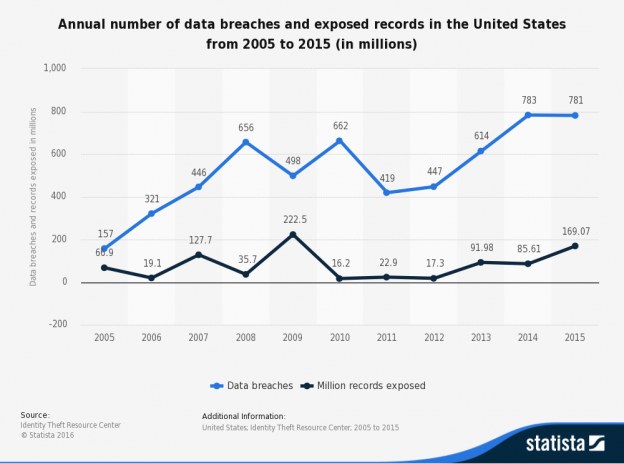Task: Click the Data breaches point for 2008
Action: [246, 142]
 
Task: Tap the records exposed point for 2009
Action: [293, 234]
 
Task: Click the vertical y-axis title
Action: [33, 195]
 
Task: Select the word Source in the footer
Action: [34, 414]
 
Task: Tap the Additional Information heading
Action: [243, 415]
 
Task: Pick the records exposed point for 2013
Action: [482, 262]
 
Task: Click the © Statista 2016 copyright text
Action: [49, 434]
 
